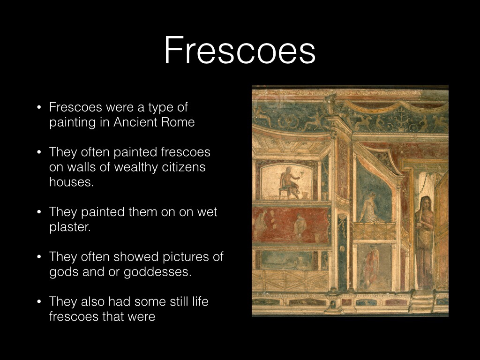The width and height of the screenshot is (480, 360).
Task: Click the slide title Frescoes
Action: point(240,51)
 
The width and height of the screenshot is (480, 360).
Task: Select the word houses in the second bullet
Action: point(71,182)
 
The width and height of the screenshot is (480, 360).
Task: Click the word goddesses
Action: point(162,272)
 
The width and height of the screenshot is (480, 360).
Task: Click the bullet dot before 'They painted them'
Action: point(40,212)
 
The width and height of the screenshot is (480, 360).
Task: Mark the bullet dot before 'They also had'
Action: point(40,302)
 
